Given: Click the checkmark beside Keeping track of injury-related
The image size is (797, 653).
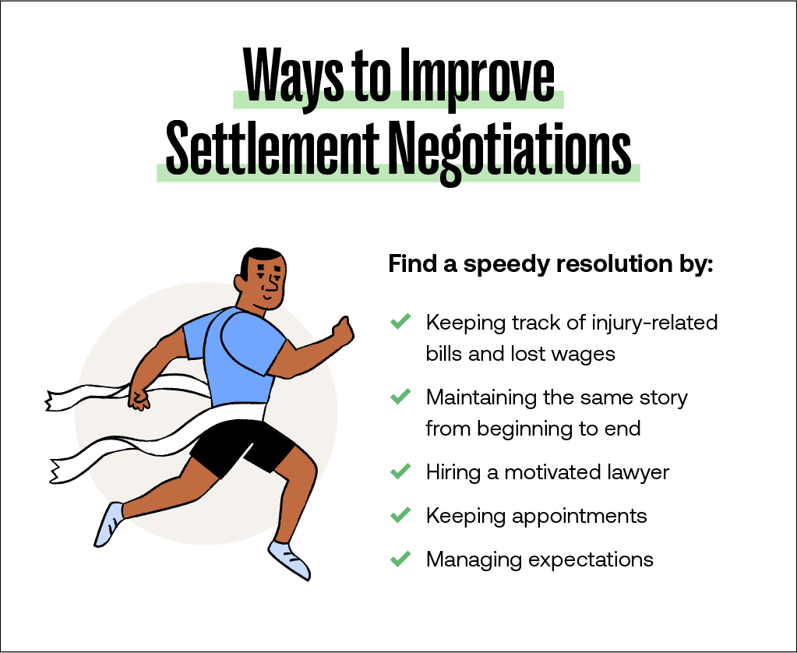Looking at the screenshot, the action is (400, 321).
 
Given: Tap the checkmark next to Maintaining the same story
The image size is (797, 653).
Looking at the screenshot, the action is (400, 397).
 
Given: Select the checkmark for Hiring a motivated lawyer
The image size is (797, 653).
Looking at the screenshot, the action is (400, 471).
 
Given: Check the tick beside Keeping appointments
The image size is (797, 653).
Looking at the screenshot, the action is (400, 515).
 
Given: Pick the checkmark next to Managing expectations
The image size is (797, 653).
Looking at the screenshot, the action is (400, 559).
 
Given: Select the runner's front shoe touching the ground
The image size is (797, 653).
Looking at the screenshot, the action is (289, 559).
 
